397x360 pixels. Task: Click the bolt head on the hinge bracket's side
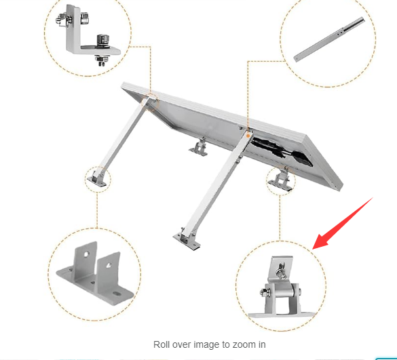coord(261,294)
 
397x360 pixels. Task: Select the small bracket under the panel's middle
coord(200,146)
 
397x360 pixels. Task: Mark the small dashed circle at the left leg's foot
coord(97,178)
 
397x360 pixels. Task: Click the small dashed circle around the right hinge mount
coord(280,180)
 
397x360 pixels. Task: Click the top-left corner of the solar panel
coord(123,85)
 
